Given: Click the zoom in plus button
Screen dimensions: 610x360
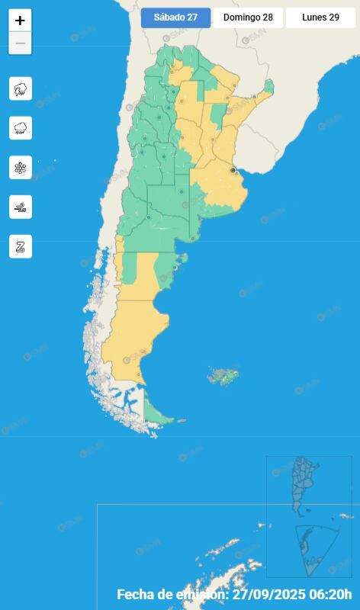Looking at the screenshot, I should [x=20, y=21].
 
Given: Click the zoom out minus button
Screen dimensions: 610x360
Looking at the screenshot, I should [x=20, y=43].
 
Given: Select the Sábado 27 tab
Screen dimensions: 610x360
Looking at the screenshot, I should [x=175, y=18].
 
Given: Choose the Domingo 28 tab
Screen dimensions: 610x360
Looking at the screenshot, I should [x=248, y=18].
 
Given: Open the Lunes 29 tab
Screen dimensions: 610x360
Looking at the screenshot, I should [x=320, y=18].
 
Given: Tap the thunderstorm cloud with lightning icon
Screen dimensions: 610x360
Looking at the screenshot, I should [x=21, y=88].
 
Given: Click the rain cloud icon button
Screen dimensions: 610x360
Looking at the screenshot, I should [x=21, y=128].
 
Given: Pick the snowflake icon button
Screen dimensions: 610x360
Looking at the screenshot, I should [x=21, y=168].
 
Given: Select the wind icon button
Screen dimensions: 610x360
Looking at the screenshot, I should [x=21, y=207].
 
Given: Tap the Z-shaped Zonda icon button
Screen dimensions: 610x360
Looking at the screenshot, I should [x=21, y=246].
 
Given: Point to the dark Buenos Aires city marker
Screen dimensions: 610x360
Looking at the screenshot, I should [x=233, y=171].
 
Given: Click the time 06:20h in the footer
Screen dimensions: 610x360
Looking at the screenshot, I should [x=333, y=594].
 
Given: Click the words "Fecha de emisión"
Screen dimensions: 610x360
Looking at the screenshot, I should [x=172, y=594].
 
